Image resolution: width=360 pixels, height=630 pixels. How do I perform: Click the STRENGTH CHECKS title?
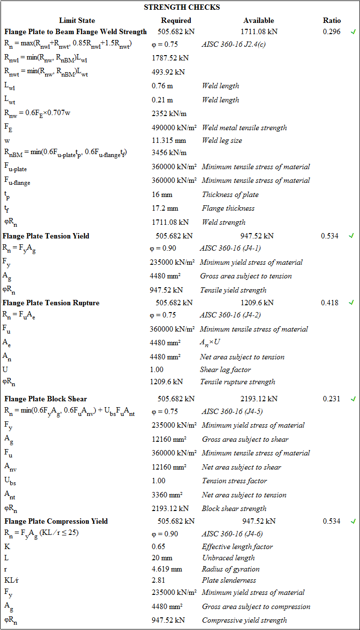point(182,7)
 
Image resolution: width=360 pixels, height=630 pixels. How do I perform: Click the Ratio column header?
point(332,20)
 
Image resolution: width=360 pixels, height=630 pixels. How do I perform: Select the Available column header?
point(259,20)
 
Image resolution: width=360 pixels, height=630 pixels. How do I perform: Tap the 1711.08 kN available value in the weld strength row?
point(259,32)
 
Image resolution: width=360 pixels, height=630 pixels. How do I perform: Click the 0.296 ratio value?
point(332,32)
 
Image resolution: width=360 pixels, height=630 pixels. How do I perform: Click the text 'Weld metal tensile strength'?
point(244,128)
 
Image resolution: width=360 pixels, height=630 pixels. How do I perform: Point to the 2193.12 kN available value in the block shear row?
point(259,399)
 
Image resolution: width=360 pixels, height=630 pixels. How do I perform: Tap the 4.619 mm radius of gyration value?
point(167,569)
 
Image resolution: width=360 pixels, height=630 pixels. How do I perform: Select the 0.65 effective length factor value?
point(159,547)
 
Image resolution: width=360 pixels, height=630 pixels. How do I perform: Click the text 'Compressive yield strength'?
point(244,620)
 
